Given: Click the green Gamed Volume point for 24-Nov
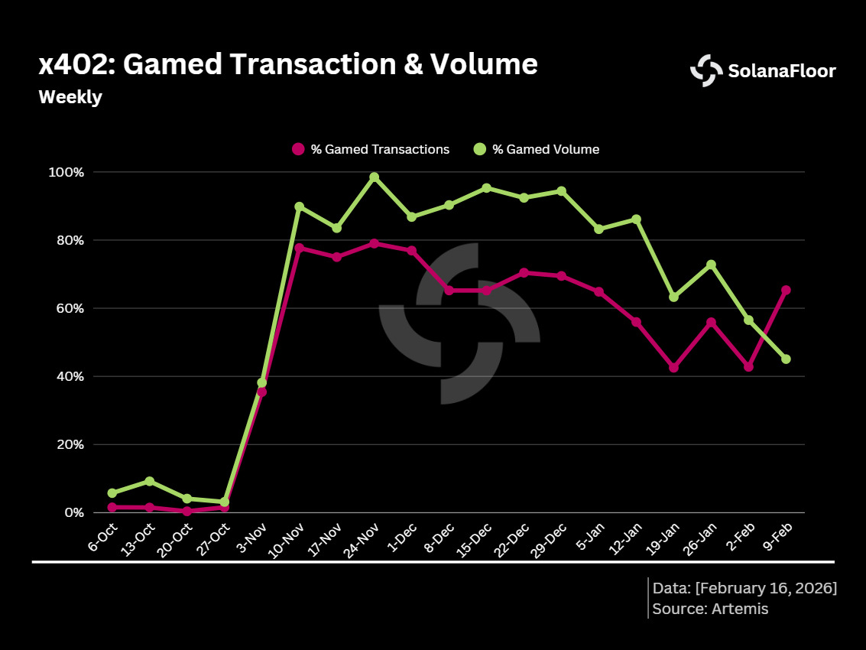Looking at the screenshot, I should (x=374, y=177).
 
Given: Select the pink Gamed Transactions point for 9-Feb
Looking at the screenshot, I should (x=786, y=290).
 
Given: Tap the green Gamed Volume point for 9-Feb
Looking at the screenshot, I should (x=786, y=359).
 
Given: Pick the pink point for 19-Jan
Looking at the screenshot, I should (x=673, y=368).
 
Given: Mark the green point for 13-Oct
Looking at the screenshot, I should (x=149, y=481).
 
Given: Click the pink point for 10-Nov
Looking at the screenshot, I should (x=299, y=248).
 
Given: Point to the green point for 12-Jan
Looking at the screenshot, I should (x=636, y=219).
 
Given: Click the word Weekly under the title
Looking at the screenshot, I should (x=70, y=98).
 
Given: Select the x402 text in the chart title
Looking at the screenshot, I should (x=74, y=65).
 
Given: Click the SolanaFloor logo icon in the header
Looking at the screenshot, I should (x=705, y=71).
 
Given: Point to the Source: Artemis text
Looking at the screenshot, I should (x=710, y=609).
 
